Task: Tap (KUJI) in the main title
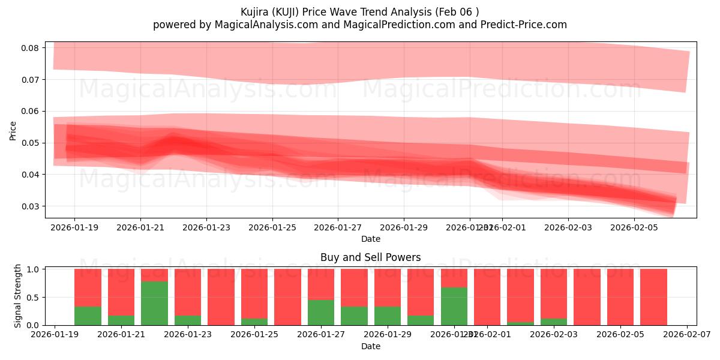pos(290,12)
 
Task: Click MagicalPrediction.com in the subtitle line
pos(412,25)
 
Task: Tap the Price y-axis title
pos(13,130)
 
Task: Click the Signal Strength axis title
pos(18,296)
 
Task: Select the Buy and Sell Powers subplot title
pos(370,257)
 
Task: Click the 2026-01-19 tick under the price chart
pos(74,227)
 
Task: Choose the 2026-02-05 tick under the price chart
pos(634,227)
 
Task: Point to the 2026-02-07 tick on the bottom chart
pos(686,335)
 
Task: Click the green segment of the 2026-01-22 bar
pos(154,303)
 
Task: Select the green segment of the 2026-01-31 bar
pos(454,306)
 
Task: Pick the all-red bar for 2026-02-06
pos(653,297)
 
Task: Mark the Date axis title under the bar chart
pos(370,346)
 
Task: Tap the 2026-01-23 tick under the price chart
pos(206,227)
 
